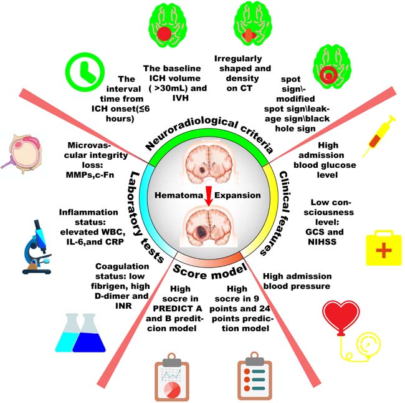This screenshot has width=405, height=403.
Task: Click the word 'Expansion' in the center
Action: (x=237, y=195)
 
